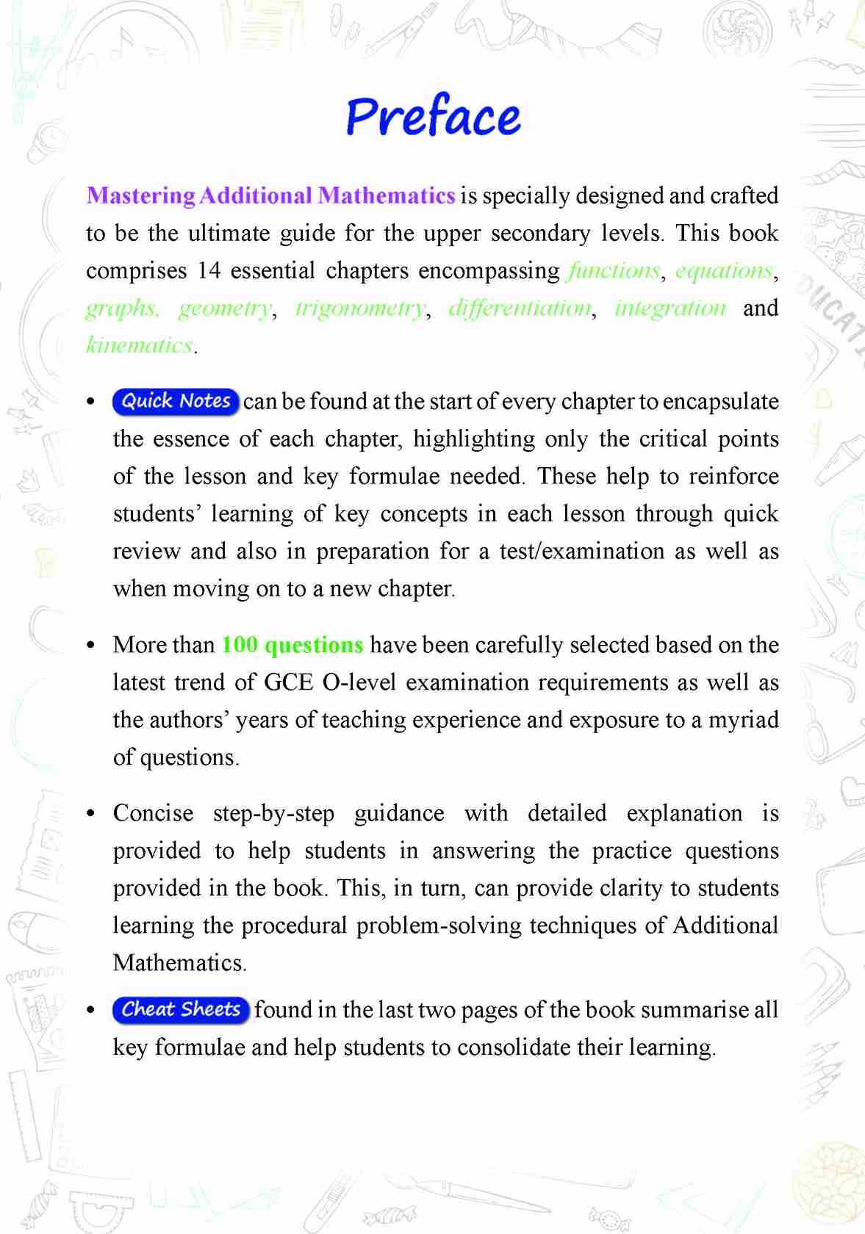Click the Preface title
click(x=433, y=118)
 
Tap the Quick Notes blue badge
click(x=176, y=401)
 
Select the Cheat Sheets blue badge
click(x=181, y=1009)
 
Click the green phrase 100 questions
click(x=292, y=645)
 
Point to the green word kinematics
click(x=140, y=344)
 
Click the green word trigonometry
click(x=360, y=308)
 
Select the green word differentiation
click(x=520, y=308)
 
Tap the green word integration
click(x=670, y=308)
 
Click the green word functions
click(x=614, y=270)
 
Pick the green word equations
click(x=724, y=270)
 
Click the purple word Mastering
click(x=140, y=195)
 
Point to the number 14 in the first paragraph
click(x=209, y=270)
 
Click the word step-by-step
click(x=273, y=813)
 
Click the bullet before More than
click(x=91, y=646)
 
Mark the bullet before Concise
click(x=91, y=814)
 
